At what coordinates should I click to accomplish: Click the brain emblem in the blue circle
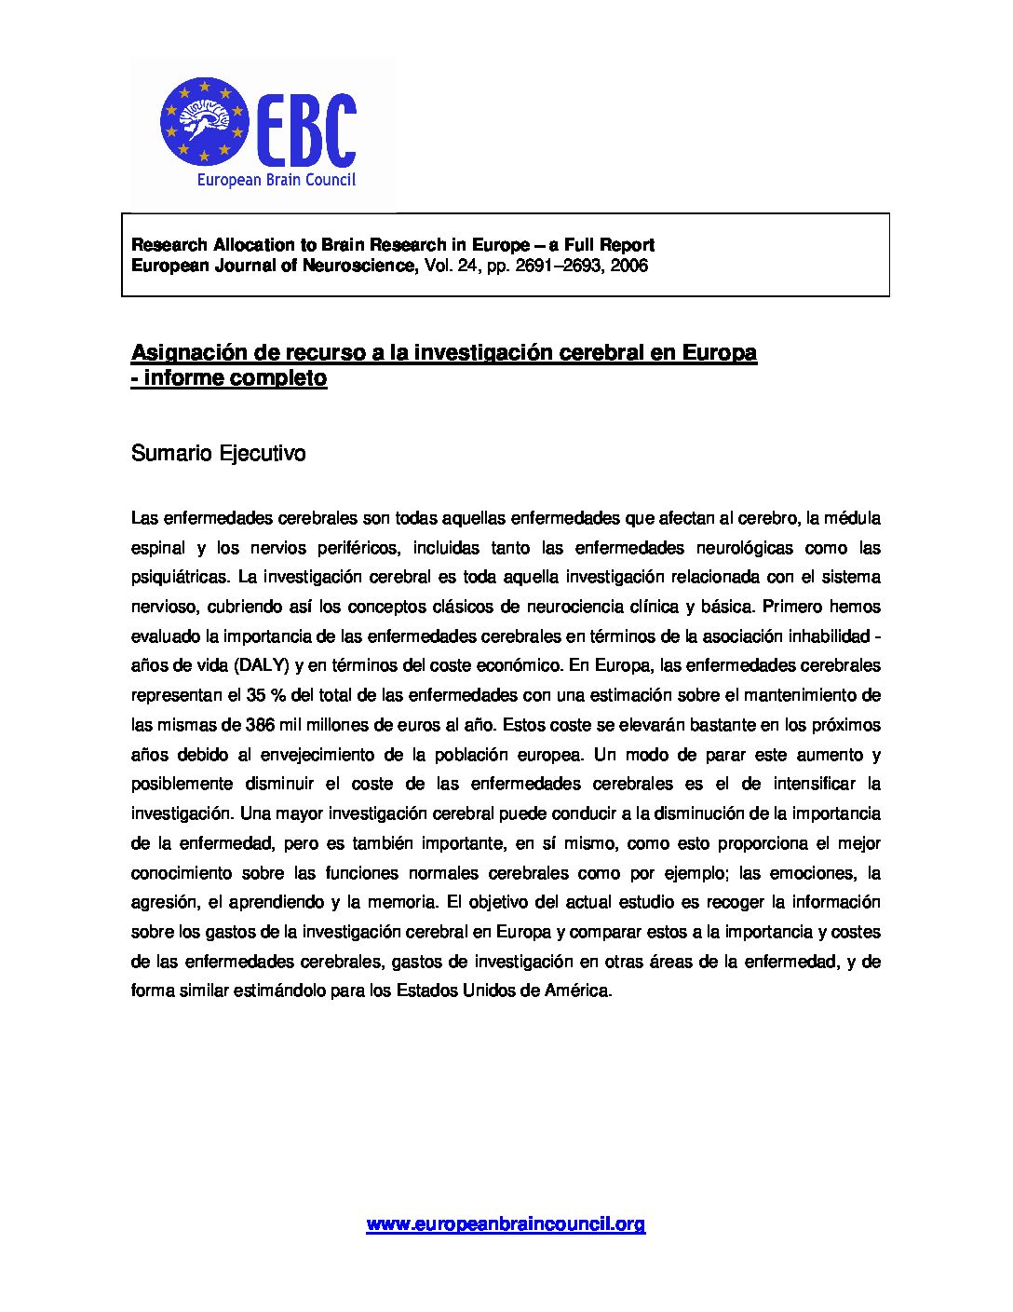point(204,118)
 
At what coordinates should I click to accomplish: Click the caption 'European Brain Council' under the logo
point(276,181)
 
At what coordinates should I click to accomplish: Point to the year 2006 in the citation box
point(629,266)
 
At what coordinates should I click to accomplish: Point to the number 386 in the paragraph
point(259,725)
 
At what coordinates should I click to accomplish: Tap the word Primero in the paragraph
point(790,607)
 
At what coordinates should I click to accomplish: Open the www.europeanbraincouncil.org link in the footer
point(506,1224)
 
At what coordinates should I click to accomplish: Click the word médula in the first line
point(852,517)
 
